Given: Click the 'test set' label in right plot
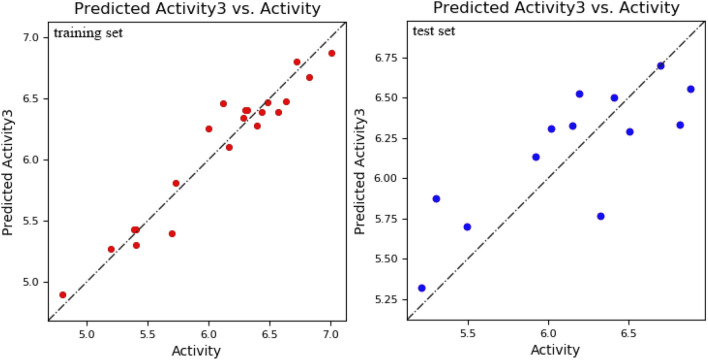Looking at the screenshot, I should coord(433,32).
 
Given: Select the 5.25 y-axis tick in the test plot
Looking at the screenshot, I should coord(382,300).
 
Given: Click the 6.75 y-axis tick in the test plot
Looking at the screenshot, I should coord(382,57).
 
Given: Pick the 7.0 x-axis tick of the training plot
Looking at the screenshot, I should coord(331,333).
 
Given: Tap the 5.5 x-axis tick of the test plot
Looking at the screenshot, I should coord(467,333).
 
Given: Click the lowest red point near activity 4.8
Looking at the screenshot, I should coord(63,295).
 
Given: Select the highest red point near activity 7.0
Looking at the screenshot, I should coord(331,53).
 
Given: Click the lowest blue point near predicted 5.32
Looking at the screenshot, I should coord(421,288).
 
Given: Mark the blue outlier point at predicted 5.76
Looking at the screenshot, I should coord(600,216).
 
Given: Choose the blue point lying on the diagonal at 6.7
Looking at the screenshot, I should coord(660,66).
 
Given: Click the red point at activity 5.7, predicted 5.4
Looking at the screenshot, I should coord(172,234).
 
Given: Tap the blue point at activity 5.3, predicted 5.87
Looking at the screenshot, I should coord(436,199).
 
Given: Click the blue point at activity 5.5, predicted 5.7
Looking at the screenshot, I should coord(467,227).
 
